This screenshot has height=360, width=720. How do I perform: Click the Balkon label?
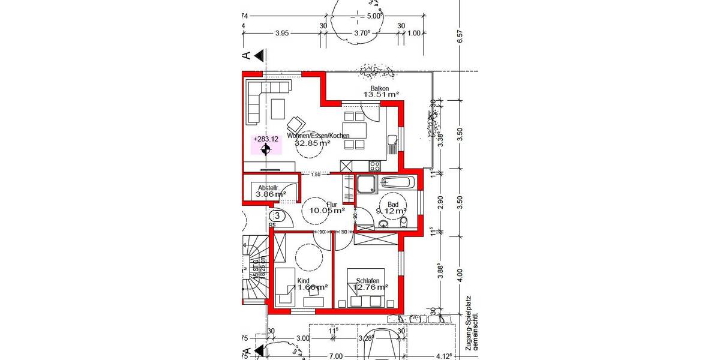[379, 88]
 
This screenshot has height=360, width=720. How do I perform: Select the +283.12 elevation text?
[266, 139]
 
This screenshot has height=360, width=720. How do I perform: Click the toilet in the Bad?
[404, 222]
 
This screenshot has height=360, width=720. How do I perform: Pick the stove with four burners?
[375, 166]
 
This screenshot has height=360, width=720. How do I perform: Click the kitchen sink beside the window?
[392, 141]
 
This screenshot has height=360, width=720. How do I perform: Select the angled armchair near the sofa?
[296, 124]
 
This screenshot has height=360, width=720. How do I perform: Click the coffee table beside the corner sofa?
[278, 109]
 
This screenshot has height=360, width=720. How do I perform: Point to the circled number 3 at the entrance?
[277, 215]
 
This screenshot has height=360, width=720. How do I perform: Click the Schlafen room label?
[368, 280]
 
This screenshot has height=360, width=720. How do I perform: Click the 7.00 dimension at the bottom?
[336, 356]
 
